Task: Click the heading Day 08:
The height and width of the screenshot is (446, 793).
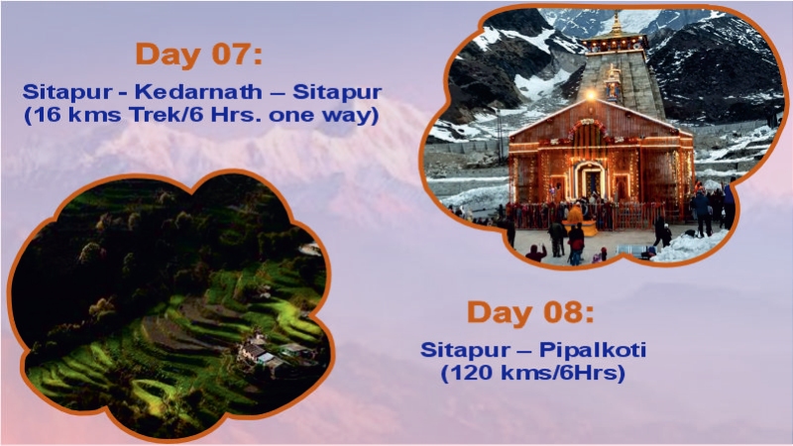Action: [530, 313]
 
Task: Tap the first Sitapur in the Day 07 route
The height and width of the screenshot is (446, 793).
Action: [60, 90]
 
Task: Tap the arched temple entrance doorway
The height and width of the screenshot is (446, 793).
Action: [590, 179]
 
